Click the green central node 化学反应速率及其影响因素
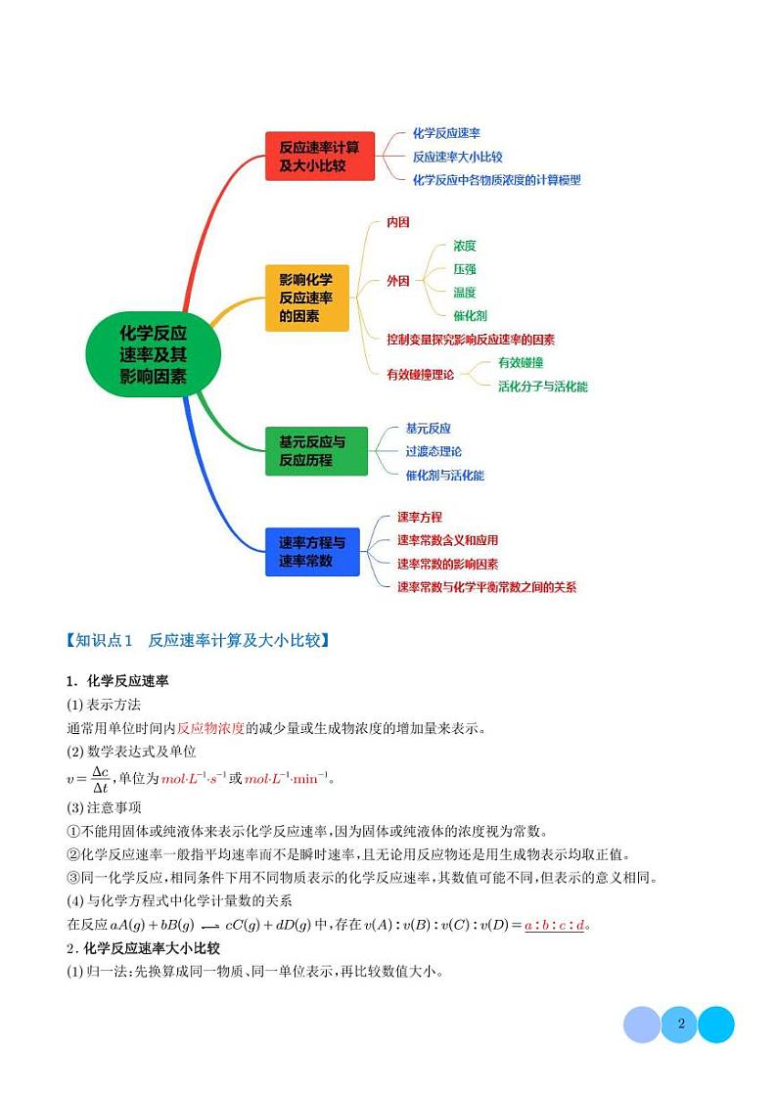tap(153, 353)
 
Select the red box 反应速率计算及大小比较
tap(320, 157)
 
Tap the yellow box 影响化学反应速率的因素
tap(306, 297)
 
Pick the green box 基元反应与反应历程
tap(316, 451)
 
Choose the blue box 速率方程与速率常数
tap(312, 552)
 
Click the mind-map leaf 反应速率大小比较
tap(457, 157)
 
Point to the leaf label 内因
tap(398, 222)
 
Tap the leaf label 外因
tap(398, 281)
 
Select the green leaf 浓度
tap(465, 246)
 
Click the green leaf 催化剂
tap(470, 316)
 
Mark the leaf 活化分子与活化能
tap(542, 387)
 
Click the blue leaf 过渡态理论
tap(434, 451)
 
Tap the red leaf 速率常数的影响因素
tap(447, 564)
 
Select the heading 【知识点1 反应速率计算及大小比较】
tap(197, 641)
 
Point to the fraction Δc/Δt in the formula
tap(99, 779)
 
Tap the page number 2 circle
tap(679, 1025)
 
